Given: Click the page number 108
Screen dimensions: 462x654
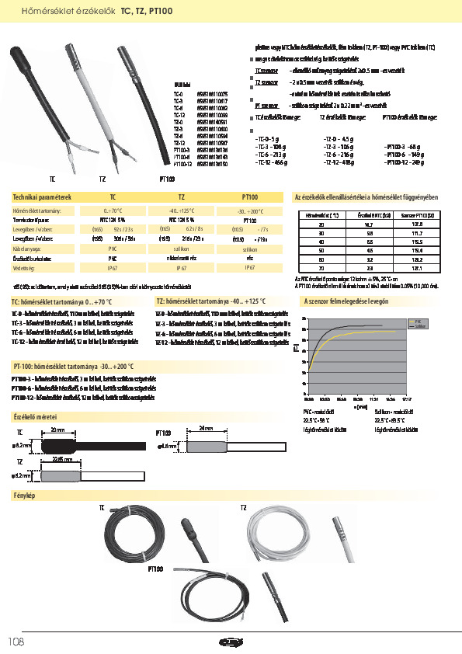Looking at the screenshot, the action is (16, 642).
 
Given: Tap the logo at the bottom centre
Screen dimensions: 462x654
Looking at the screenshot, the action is (231, 642).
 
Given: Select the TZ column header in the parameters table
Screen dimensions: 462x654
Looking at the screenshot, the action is (181, 197).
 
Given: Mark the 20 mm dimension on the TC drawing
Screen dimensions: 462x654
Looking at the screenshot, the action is (57, 429).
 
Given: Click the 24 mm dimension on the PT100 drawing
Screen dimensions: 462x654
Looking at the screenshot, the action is (206, 429).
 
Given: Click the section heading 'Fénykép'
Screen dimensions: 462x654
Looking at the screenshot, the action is (26, 495).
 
